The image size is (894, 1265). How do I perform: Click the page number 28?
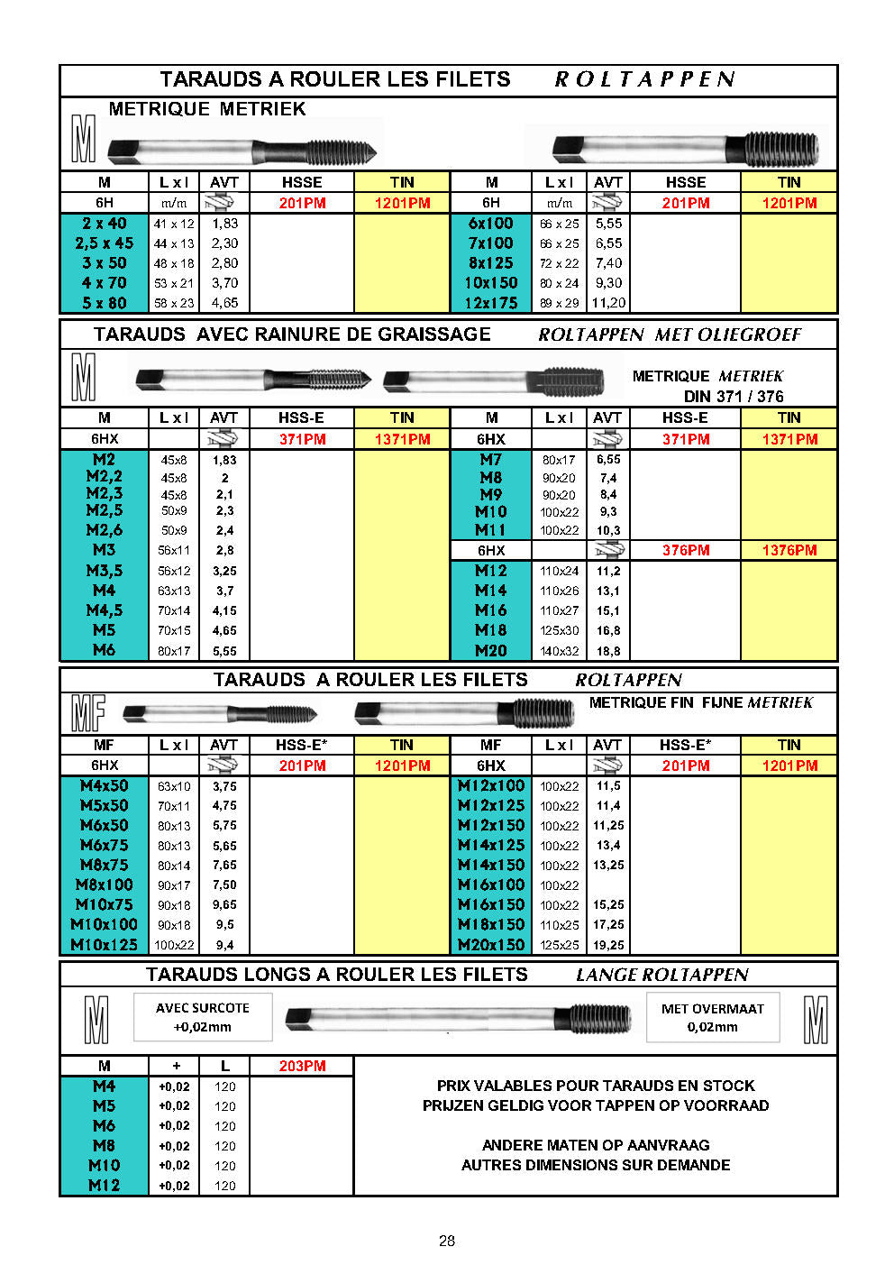click(447, 1241)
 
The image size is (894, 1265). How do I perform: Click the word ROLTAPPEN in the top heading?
click(644, 79)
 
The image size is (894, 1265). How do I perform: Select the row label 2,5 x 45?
click(105, 243)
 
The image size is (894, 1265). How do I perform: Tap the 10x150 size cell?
click(491, 283)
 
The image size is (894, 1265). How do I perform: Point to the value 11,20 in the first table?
click(608, 303)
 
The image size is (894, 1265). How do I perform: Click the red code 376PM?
click(686, 550)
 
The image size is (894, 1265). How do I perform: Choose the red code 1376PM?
click(789, 550)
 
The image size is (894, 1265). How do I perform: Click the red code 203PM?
click(302, 1066)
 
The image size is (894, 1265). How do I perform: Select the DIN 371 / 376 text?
click(734, 397)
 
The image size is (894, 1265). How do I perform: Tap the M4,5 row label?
click(105, 610)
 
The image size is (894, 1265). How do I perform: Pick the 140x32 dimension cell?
click(560, 651)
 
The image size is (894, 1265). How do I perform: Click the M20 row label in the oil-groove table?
click(491, 650)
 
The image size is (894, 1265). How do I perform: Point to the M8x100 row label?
click(105, 885)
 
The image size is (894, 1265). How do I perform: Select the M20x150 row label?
click(491, 945)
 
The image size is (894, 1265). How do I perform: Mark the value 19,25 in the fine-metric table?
click(608, 945)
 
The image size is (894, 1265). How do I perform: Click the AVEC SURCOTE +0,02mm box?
click(203, 1017)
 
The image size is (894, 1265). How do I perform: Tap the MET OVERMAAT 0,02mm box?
click(713, 1018)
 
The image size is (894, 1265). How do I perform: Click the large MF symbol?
click(87, 713)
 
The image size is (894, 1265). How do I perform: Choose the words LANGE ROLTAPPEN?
click(662, 975)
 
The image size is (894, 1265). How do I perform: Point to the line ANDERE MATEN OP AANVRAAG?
click(596, 1145)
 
